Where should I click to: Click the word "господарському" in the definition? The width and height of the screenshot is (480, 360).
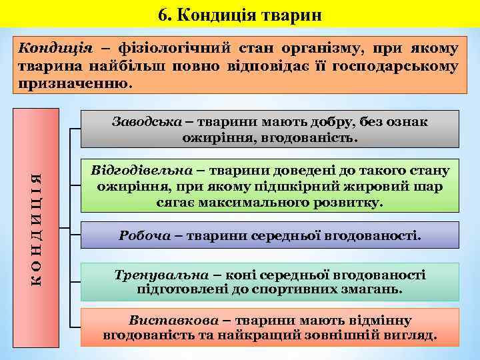tap(399, 67)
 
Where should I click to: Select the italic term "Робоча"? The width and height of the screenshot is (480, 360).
tap(142, 235)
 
